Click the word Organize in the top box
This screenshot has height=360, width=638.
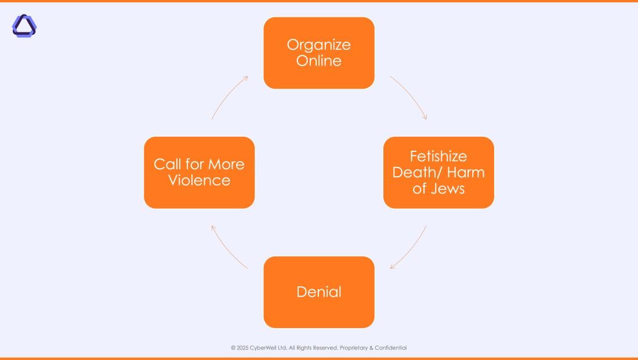pos(318,45)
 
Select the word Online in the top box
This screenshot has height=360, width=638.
pos(318,61)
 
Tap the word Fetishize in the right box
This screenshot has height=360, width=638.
pos(438,157)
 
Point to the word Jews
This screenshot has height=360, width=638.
pos(447,188)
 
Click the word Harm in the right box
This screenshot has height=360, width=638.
pos(466,172)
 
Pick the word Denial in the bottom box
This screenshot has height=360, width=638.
pos(318,292)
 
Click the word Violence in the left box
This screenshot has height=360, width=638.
pos(199,180)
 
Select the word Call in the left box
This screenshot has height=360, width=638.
pos(166,164)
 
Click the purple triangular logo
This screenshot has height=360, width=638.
pos(24,26)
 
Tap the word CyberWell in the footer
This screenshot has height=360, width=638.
pos(263,348)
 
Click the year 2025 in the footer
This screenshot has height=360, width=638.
pos(242,348)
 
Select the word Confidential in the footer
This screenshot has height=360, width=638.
pos(390,348)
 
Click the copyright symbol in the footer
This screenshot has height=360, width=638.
pos(233,348)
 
